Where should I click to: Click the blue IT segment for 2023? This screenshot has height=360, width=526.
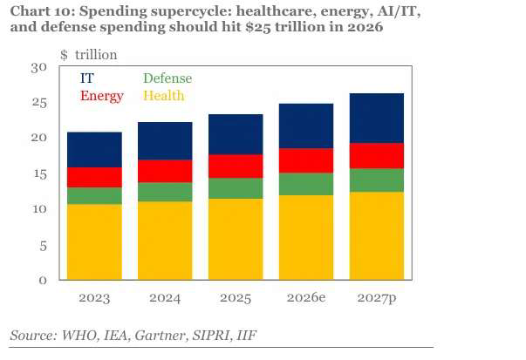pyautogui.click(x=94, y=150)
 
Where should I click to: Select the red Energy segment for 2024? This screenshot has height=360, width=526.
pyautogui.click(x=165, y=172)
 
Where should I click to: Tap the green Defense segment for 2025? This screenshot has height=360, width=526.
pyautogui.click(x=236, y=188)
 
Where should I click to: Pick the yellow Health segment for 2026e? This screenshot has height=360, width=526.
pyautogui.click(x=306, y=237)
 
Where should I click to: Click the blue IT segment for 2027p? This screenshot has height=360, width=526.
pyautogui.click(x=377, y=119)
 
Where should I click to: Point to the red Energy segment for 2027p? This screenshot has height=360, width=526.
pyautogui.click(x=377, y=156)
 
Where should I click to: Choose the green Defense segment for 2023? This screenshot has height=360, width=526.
pyautogui.click(x=94, y=196)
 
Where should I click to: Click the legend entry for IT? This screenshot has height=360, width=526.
pyautogui.click(x=87, y=78)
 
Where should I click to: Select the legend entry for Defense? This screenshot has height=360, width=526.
pyautogui.click(x=167, y=78)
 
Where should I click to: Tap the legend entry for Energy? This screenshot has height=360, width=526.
pyautogui.click(x=102, y=96)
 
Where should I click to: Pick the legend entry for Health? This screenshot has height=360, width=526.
pyautogui.click(x=164, y=96)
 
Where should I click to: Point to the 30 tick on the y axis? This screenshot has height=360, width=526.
pyautogui.click(x=39, y=68)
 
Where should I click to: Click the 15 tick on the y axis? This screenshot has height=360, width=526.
pyautogui.click(x=40, y=174)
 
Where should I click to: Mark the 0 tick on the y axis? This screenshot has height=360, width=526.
pyautogui.click(x=43, y=280)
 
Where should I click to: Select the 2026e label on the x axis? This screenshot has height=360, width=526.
pyautogui.click(x=306, y=297)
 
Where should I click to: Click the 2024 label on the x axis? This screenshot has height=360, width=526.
pyautogui.click(x=165, y=298)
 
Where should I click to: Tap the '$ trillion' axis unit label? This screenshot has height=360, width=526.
pyautogui.click(x=89, y=55)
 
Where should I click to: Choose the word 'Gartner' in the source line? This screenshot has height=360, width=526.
pyautogui.click(x=161, y=336)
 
